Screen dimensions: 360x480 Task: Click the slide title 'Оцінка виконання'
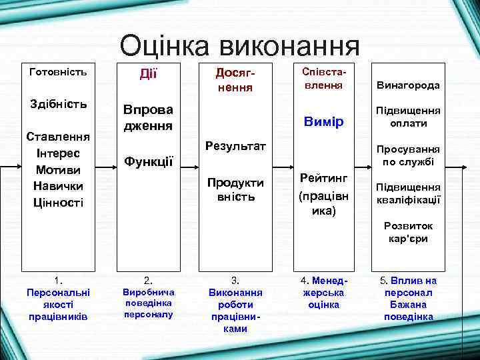(x=239, y=46)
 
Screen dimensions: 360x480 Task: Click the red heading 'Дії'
(x=148, y=73)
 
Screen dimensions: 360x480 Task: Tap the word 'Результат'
(x=235, y=145)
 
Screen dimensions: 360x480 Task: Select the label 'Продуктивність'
(x=235, y=189)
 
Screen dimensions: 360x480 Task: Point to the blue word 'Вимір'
(x=323, y=122)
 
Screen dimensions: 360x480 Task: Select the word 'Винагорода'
(x=408, y=85)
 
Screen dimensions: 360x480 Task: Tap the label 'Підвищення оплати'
(x=408, y=117)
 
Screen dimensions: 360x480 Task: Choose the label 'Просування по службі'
(x=408, y=155)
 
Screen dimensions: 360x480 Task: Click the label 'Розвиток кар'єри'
(x=408, y=232)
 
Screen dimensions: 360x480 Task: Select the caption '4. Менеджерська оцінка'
(x=323, y=292)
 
